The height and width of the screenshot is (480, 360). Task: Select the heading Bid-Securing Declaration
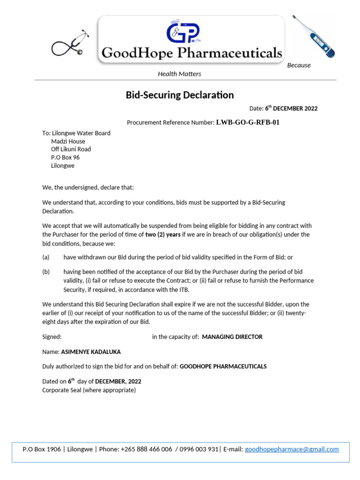(x=180, y=95)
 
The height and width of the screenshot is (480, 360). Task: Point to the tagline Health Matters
(x=180, y=74)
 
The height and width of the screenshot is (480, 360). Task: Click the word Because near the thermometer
(x=299, y=65)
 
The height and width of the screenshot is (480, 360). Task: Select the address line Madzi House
(x=68, y=141)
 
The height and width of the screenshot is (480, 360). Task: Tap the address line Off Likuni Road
(x=71, y=149)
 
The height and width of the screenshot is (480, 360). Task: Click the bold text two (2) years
(x=163, y=234)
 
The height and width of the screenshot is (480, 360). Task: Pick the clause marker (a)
(x=46, y=257)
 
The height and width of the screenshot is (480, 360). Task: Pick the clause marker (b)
(x=46, y=272)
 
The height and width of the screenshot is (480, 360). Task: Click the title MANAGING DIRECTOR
(x=232, y=337)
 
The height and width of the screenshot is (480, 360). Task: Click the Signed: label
(x=52, y=337)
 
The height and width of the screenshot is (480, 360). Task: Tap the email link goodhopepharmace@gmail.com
(x=292, y=449)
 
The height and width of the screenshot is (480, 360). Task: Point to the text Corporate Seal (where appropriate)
(x=89, y=390)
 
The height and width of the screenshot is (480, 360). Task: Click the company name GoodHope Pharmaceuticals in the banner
(x=192, y=53)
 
